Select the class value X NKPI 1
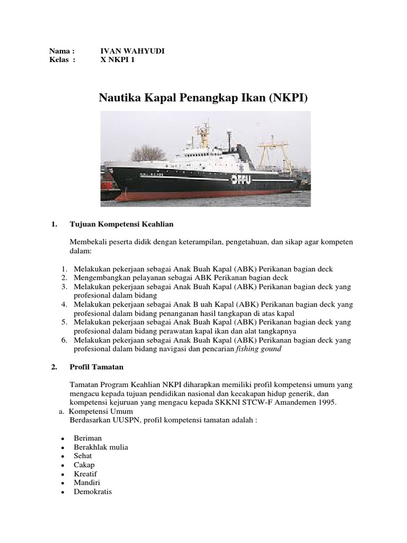click(120, 60)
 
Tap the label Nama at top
click(59, 51)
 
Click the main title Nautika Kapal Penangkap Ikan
click(203, 98)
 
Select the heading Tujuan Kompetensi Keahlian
click(122, 224)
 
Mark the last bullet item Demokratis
click(91, 492)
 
